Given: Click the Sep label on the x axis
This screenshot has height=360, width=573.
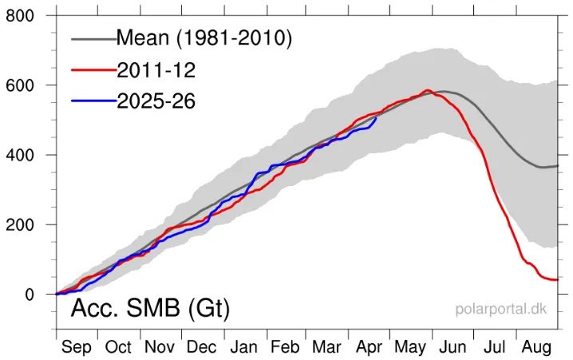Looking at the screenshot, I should tap(77, 347).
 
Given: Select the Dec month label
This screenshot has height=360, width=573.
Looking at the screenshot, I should tap(201, 347).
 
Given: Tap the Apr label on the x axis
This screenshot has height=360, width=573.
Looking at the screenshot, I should tap(369, 347).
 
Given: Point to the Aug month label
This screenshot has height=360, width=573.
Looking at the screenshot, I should tap(536, 347).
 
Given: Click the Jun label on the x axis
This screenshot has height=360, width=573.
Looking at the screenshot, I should tap(453, 347).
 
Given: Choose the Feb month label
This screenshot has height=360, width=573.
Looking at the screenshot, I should tap(285, 347).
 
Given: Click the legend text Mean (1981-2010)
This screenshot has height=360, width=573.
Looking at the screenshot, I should tap(204, 38).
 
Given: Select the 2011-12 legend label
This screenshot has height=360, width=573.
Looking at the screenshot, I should tap(156, 69).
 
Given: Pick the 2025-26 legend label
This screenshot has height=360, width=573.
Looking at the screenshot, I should tap(156, 101).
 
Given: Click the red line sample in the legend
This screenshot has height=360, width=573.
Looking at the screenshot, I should tap(92, 69).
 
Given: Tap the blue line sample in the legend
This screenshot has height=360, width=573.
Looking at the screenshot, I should tap(92, 101).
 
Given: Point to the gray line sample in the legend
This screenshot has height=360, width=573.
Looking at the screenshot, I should tap(92, 38).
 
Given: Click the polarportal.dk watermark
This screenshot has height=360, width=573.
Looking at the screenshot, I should tap(500, 308).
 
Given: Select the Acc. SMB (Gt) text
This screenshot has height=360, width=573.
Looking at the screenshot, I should tap(150, 309).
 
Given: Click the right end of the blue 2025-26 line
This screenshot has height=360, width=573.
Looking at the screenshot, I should tap(376, 118).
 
